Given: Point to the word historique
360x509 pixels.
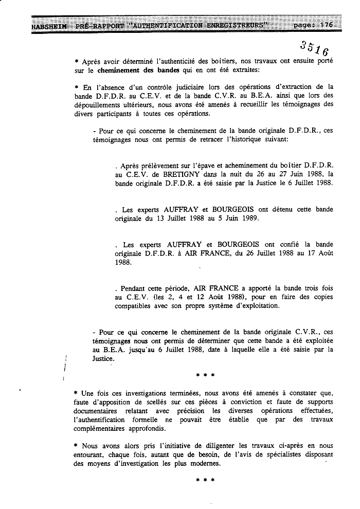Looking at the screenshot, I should pyautogui.click(x=244, y=139).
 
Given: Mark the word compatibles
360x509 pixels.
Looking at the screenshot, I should pyautogui.click(x=133, y=305).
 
